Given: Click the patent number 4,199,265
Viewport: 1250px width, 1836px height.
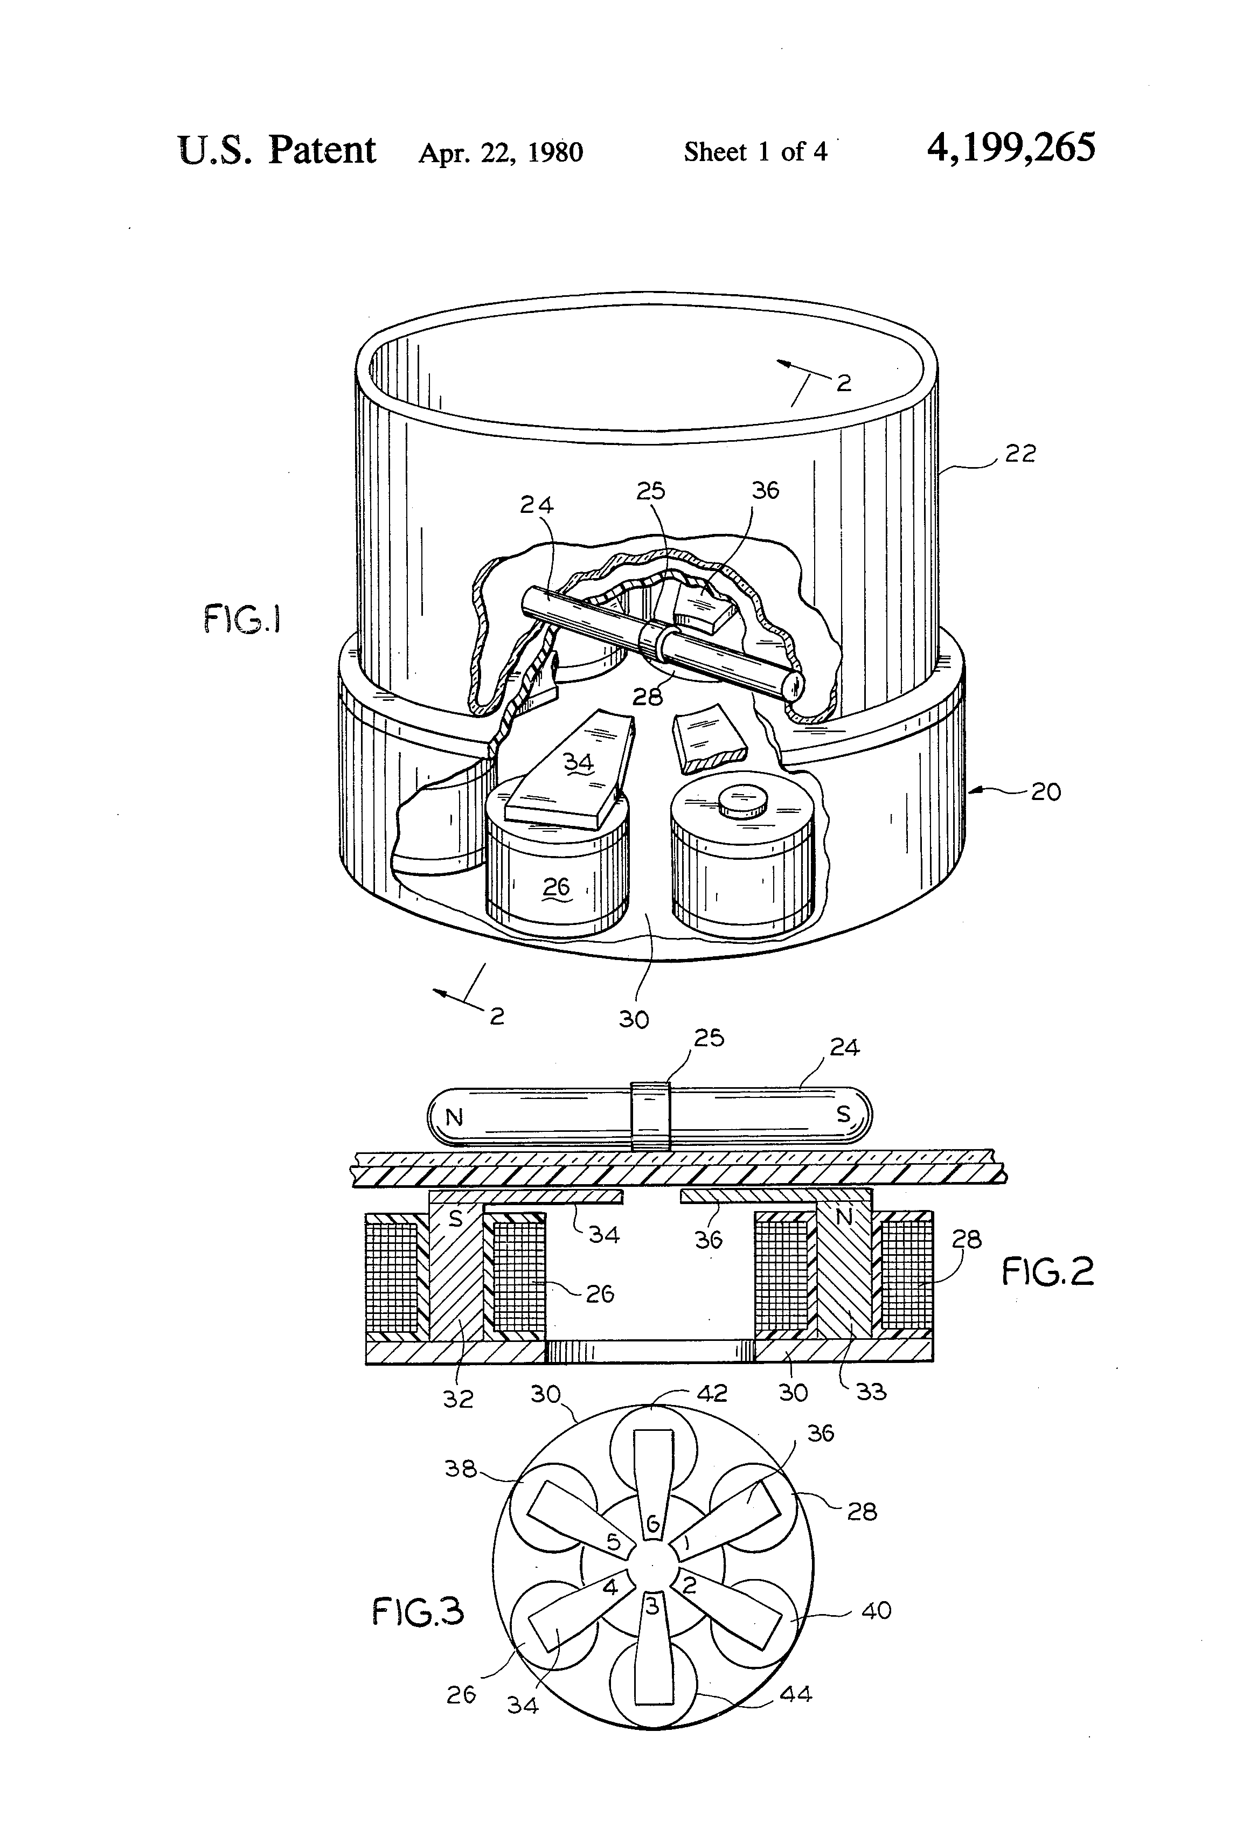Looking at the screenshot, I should (1011, 149).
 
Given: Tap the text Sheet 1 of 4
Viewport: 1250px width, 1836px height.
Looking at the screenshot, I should (755, 152).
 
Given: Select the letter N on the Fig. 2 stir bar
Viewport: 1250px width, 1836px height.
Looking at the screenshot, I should (454, 1118).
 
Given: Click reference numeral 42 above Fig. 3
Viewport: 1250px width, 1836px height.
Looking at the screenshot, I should (711, 1393).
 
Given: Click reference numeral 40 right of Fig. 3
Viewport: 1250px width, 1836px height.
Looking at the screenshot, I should (876, 1610).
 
